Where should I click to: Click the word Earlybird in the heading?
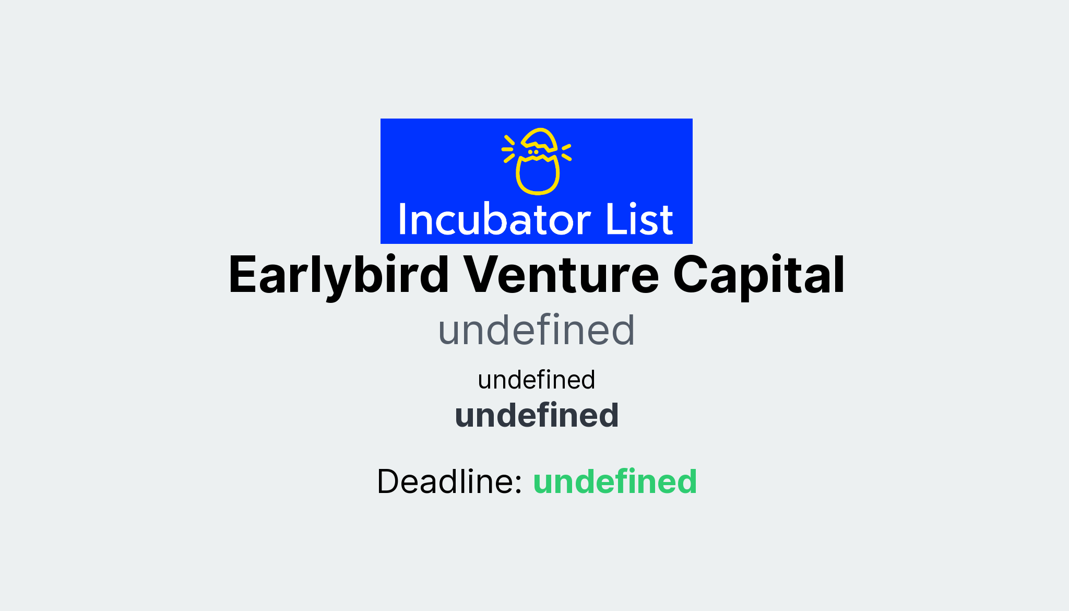338,276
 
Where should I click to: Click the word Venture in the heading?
562,276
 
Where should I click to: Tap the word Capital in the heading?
758,276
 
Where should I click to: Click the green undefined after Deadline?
615,481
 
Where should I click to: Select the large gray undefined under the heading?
536,331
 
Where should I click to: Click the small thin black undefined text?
536,380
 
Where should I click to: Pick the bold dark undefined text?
536,416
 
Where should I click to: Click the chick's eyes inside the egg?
533,152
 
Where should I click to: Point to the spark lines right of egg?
566,152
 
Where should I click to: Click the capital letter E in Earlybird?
243,276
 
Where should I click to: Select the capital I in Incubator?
402,220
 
